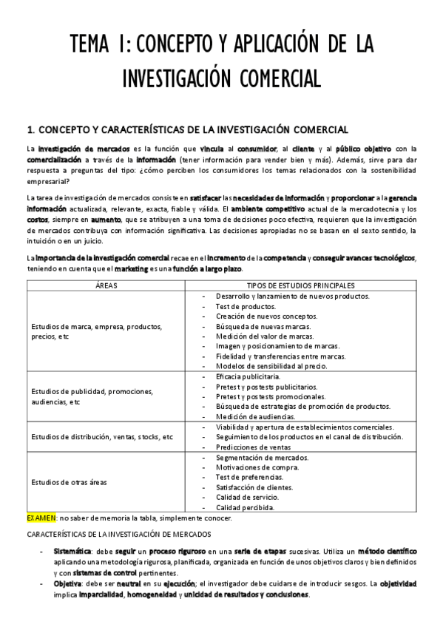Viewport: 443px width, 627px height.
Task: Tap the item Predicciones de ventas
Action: tap(252, 447)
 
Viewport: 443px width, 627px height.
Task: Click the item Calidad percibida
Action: tap(245, 508)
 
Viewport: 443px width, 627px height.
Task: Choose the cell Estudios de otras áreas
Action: tap(69, 482)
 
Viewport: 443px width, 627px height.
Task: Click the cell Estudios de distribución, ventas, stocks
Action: tap(101, 436)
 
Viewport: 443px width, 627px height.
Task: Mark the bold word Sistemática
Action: tap(72, 552)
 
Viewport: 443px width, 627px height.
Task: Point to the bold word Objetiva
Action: tap(67, 583)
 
